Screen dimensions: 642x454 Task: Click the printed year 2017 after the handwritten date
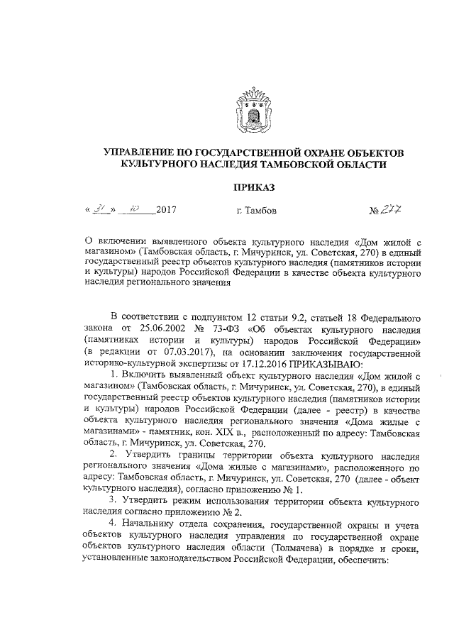tap(165, 211)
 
